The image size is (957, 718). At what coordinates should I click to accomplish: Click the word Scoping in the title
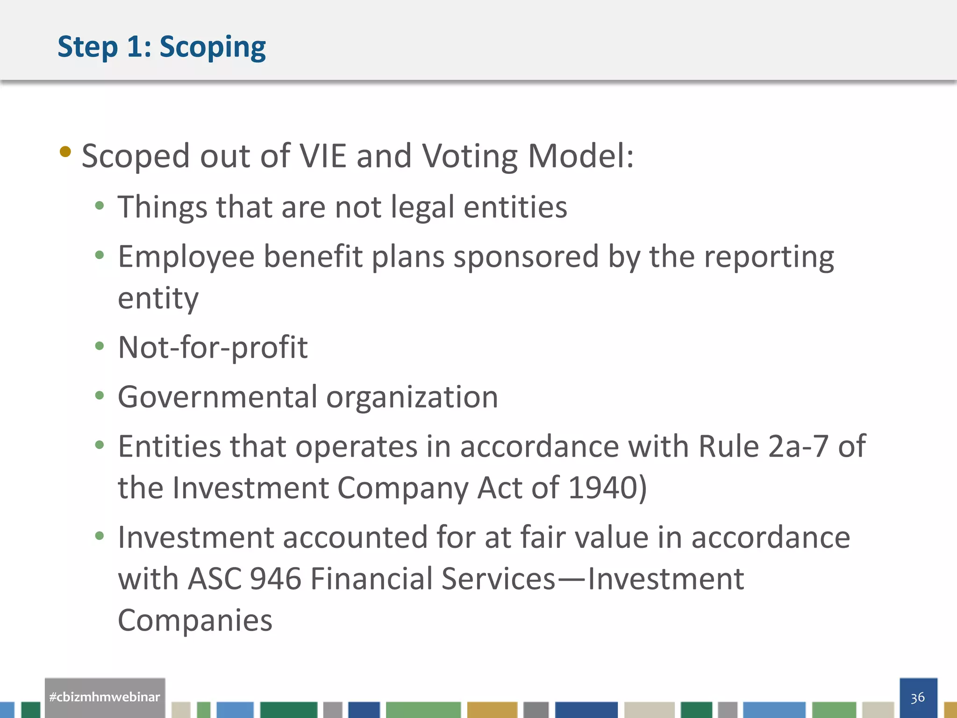coord(213,47)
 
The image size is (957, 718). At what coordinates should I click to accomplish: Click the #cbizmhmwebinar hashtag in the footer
coord(105,697)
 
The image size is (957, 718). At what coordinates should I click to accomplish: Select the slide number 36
coord(918,697)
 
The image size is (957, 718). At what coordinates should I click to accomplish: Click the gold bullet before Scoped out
coord(65,151)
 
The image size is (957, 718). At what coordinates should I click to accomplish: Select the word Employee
coord(186,257)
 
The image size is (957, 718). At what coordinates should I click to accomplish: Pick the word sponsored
coord(526,257)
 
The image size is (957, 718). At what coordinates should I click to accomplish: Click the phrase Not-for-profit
coord(213,348)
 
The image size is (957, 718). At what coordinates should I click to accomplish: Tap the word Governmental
coord(217,397)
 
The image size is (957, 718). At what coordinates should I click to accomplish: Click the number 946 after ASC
coord(276,579)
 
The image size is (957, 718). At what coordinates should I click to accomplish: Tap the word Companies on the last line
coord(195,621)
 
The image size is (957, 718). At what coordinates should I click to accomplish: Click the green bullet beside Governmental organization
coord(99,395)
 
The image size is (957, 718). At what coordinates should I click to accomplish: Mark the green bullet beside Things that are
coord(99,206)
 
